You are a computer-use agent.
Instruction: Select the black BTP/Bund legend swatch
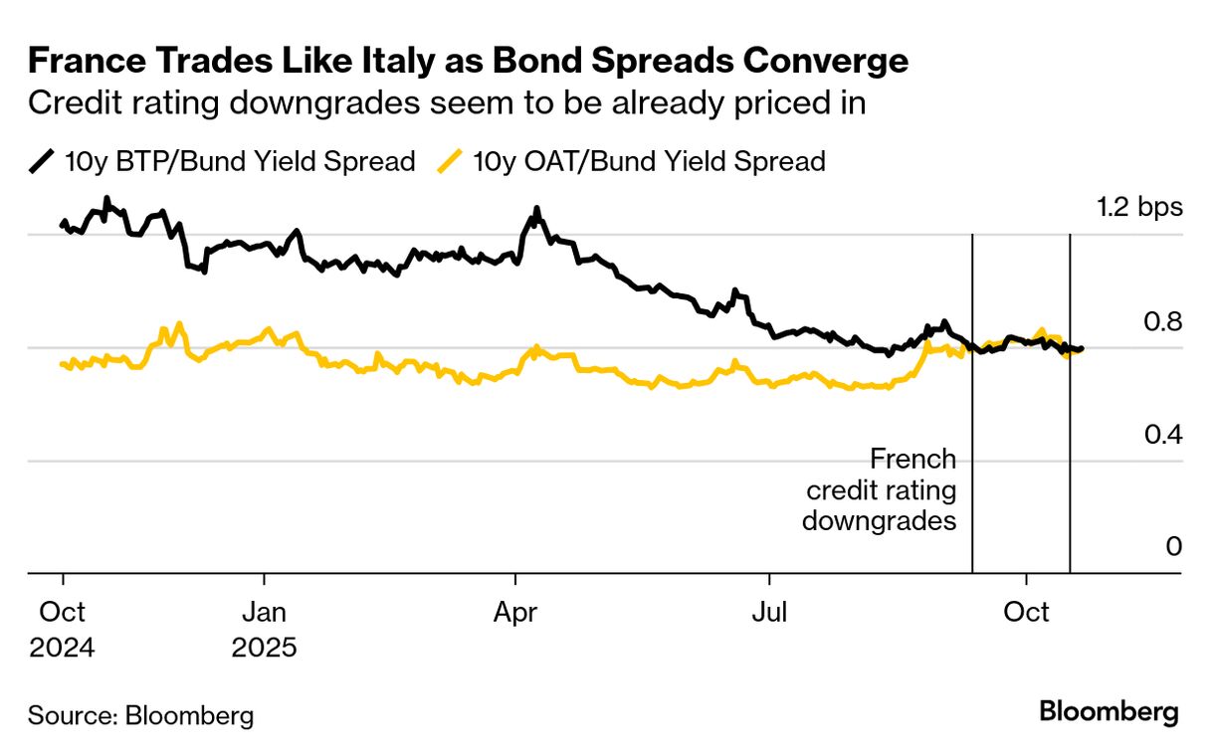pyautogui.click(x=42, y=161)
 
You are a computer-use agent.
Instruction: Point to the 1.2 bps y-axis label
pyautogui.click(x=1139, y=208)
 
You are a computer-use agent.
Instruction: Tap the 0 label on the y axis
pyautogui.click(x=1173, y=547)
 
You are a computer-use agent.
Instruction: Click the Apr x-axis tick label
pyautogui.click(x=514, y=613)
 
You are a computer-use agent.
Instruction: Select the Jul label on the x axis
pyautogui.click(x=769, y=613)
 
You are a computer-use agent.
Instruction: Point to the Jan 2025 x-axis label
pyautogui.click(x=264, y=631)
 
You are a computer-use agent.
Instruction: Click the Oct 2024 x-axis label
pyautogui.click(x=62, y=631)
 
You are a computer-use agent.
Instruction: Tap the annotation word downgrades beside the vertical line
pyautogui.click(x=880, y=520)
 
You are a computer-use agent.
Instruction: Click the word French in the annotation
pyautogui.click(x=913, y=460)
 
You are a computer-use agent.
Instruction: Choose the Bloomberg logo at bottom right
pyautogui.click(x=1109, y=712)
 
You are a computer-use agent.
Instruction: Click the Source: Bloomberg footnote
pyautogui.click(x=140, y=715)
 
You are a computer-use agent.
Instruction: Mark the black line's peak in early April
pyautogui.click(x=536, y=210)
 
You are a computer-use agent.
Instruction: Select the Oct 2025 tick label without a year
pyautogui.click(x=1026, y=613)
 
